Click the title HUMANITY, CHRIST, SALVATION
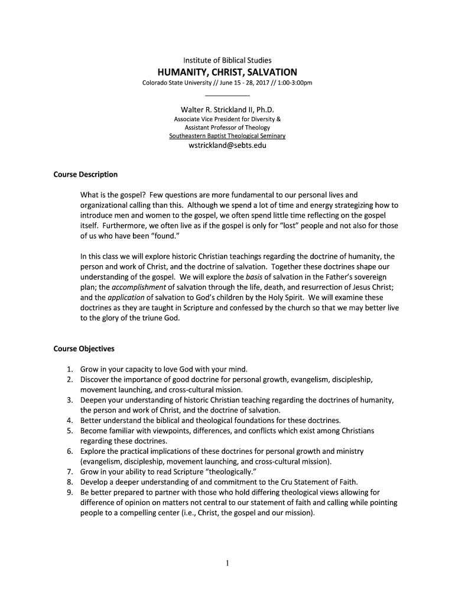click(227, 71)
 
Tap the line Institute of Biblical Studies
click(227, 60)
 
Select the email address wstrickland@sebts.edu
click(227, 145)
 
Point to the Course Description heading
click(86, 174)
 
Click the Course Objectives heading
click(84, 349)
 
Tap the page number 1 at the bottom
click(227, 563)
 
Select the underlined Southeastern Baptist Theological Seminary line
click(227, 136)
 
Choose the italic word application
click(126, 298)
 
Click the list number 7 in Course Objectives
click(70, 471)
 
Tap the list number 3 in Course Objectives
click(70, 400)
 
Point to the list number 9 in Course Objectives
click(70, 492)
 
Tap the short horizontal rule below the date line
click(227, 95)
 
